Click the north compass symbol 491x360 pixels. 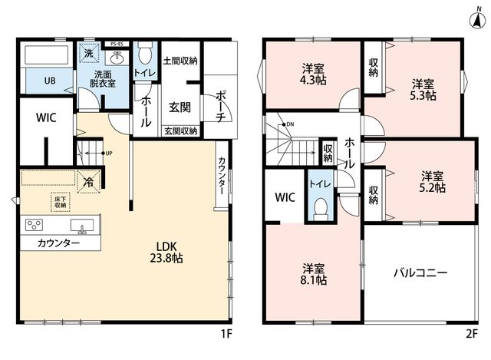click(x=478, y=19)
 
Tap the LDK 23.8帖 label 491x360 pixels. click(x=166, y=252)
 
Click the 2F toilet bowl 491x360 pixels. click(x=321, y=207)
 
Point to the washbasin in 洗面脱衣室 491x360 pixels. click(x=117, y=58)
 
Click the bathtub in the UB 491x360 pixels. click(x=46, y=55)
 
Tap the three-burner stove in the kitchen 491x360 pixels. click(x=34, y=225)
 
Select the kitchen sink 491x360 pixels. click(x=82, y=226)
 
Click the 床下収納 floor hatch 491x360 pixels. click(x=60, y=202)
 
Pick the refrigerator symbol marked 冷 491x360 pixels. click(x=89, y=182)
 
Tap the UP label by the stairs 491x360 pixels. click(x=109, y=154)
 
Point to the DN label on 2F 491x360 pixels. click(x=290, y=124)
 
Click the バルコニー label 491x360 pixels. click(x=420, y=273)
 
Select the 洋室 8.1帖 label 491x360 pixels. click(x=314, y=274)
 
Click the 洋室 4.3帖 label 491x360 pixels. click(x=313, y=74)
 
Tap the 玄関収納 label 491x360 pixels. click(x=181, y=131)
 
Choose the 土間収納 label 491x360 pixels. click(x=180, y=61)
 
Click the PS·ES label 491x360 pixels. click(x=116, y=45)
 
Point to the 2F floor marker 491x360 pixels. click(x=472, y=334)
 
